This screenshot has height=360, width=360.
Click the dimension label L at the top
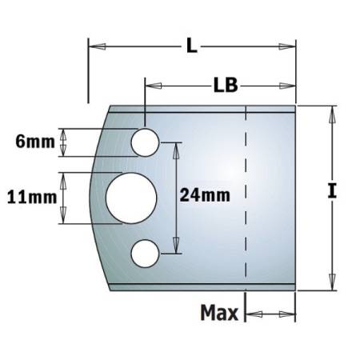[191, 46]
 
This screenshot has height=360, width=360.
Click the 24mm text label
[205, 194]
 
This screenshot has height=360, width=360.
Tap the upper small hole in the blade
[144, 143]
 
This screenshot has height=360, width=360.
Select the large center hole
[127, 197]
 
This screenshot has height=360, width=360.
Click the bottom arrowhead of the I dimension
[329, 284]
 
